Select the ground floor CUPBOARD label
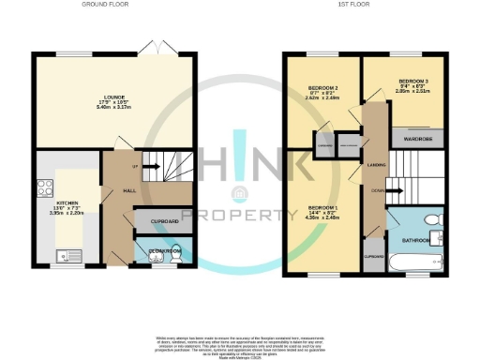point(162,220)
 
